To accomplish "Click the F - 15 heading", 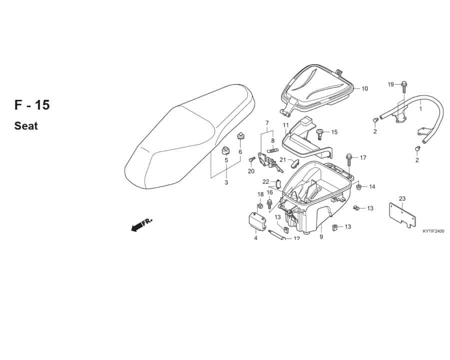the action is (x=32, y=105).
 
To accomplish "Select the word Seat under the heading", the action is (x=26, y=126).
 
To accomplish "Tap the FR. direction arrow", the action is (x=141, y=224).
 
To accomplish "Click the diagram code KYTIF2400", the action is (x=433, y=231).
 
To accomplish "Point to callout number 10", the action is (x=364, y=88).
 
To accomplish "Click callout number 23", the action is (x=402, y=198).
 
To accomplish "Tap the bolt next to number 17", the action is (x=349, y=159).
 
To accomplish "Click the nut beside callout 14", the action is (x=358, y=187).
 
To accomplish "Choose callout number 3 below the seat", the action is (x=226, y=182).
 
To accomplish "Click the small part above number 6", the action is (x=240, y=135).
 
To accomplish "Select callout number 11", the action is (x=285, y=125).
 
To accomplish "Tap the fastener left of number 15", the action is (x=319, y=134).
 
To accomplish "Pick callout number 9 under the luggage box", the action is (x=321, y=237).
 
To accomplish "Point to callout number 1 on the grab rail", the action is (x=420, y=109).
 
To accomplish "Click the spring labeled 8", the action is (x=272, y=150).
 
